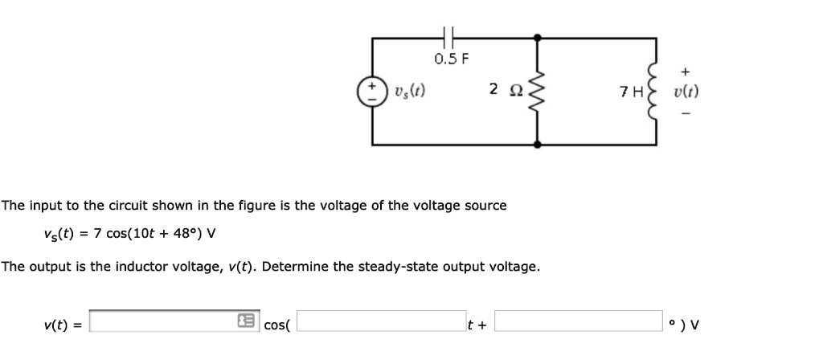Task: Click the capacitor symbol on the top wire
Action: click(x=449, y=36)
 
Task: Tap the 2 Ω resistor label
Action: click(x=500, y=89)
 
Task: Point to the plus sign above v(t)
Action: click(x=686, y=71)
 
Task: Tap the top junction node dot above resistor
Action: click(x=537, y=36)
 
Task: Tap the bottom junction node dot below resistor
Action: click(x=537, y=145)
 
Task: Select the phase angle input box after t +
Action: click(x=578, y=323)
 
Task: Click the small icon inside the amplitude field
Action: click(x=244, y=323)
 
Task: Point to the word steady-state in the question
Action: click(x=371, y=266)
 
